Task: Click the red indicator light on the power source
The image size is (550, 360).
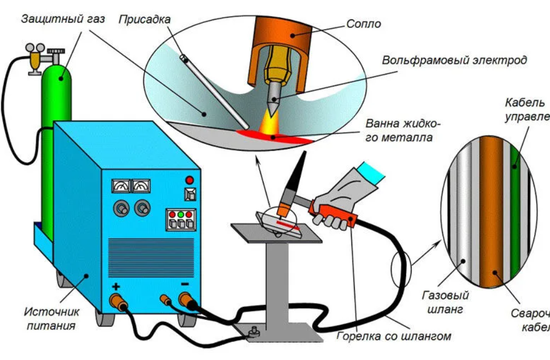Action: (x=190, y=179)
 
